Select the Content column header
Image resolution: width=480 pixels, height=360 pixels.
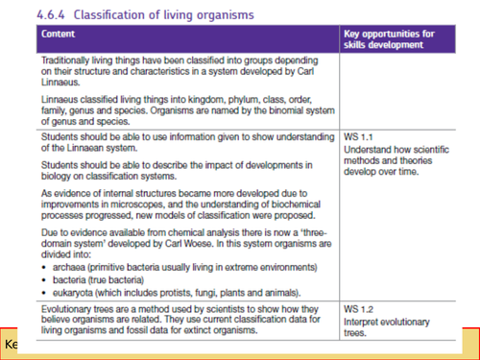pos(59,34)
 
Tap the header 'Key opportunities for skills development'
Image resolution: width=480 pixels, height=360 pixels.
pos(388,39)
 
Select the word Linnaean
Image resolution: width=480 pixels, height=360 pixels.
pos(70,149)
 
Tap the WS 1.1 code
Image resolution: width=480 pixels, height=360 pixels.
pos(357,138)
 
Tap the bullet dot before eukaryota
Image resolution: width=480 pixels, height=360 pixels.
pos(44,292)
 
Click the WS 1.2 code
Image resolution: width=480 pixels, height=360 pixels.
pos(357,308)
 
